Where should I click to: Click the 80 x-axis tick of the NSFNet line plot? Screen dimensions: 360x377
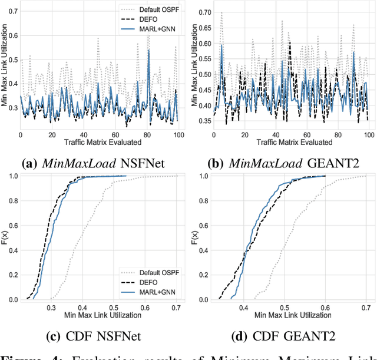(148, 135)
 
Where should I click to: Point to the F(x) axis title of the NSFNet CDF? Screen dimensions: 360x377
(5, 237)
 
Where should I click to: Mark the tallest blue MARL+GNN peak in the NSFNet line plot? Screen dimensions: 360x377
(148, 50)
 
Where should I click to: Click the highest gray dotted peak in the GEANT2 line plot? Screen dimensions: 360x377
(221, 12)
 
